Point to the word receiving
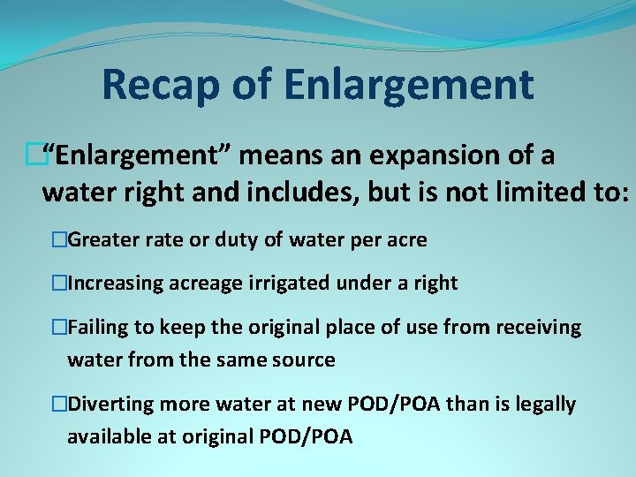(x=539, y=328)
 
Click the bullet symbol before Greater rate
(x=59, y=239)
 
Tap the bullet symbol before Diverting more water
(x=59, y=405)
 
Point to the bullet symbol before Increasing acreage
(x=59, y=284)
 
